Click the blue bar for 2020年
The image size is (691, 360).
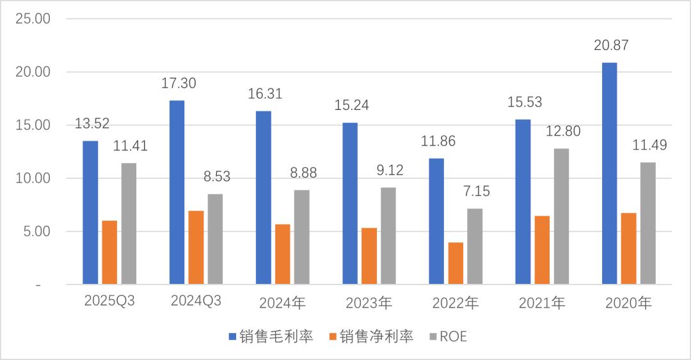[x=609, y=173]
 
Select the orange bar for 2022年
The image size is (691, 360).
[x=455, y=263]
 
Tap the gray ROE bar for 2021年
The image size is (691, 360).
[x=561, y=216]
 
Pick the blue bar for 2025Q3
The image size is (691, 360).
[x=90, y=212]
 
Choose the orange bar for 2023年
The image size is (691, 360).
[x=369, y=256]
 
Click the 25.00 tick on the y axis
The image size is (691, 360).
[x=33, y=19]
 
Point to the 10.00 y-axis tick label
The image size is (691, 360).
[x=33, y=178]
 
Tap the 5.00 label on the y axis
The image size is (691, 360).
[x=35, y=231]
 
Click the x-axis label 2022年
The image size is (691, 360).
[x=455, y=303]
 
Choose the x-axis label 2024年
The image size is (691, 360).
[x=282, y=303]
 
